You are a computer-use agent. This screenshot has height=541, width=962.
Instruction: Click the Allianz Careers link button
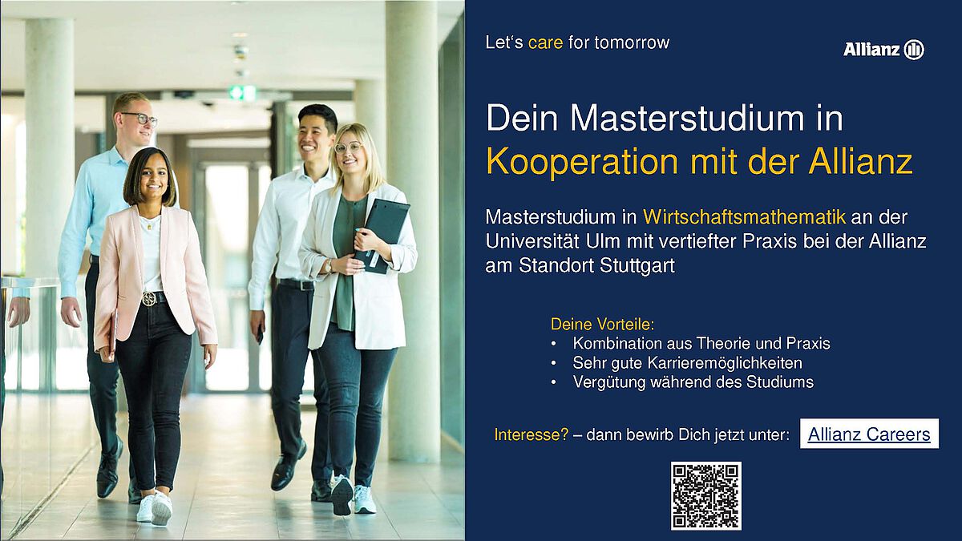[x=869, y=434]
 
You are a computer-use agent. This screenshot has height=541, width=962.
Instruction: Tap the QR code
[x=706, y=496]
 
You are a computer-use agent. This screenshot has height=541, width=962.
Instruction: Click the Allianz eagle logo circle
[x=914, y=50]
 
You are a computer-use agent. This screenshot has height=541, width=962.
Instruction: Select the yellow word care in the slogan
[x=545, y=43]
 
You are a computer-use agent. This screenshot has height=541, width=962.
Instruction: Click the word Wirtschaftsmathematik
[x=744, y=217]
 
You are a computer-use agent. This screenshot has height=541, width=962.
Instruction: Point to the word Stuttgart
[x=637, y=266]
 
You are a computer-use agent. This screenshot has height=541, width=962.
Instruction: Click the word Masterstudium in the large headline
[x=688, y=118]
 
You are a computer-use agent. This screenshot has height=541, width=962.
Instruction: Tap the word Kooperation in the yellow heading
[x=582, y=162]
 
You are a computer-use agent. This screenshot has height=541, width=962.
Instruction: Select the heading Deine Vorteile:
[x=603, y=324]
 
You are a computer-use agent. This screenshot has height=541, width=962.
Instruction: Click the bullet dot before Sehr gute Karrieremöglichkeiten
[x=554, y=363]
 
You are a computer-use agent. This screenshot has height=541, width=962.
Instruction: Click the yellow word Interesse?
[x=532, y=434]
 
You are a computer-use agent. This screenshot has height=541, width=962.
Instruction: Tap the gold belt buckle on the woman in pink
[x=149, y=299]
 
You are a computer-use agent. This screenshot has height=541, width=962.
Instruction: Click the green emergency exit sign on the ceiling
[x=242, y=92]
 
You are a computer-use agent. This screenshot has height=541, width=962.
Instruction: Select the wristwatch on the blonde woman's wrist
[x=328, y=266]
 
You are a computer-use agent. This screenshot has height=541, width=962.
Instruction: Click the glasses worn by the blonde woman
[x=349, y=148]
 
